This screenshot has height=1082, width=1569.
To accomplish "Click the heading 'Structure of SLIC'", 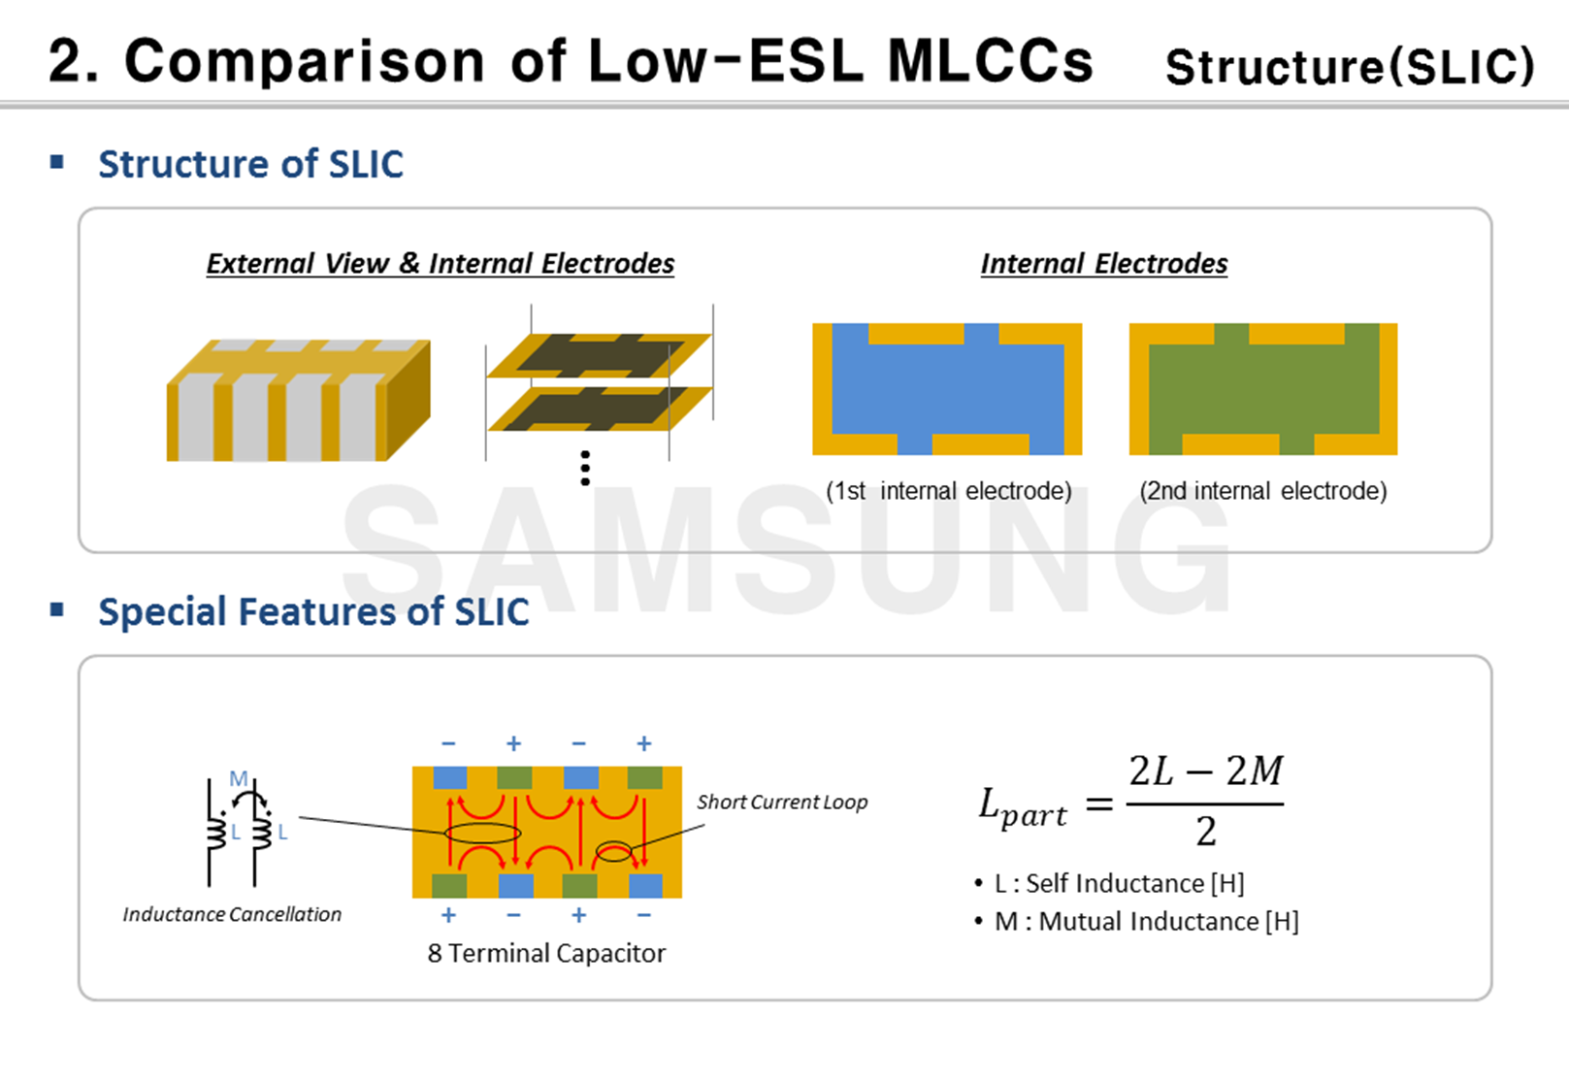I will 250,164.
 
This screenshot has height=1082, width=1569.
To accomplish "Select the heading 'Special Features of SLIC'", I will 313,612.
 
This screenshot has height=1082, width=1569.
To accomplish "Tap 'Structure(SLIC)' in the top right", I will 1350,67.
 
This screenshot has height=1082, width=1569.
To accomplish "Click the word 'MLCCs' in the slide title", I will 990,61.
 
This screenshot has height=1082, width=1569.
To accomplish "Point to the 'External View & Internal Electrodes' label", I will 440,264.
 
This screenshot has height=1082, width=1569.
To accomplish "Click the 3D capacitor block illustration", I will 298,401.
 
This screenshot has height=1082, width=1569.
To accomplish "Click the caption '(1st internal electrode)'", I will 948,491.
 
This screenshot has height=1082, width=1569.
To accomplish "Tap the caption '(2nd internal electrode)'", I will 1262,491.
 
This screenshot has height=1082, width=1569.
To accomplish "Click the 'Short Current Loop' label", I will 782,803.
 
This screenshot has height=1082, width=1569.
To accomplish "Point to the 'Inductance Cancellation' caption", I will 232,914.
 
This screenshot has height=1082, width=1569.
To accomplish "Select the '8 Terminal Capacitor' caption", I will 546,954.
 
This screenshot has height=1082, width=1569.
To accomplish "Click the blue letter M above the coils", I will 238,778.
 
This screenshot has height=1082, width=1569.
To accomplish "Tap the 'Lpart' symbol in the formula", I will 1022,807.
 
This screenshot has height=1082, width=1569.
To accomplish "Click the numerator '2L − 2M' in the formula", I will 1205,772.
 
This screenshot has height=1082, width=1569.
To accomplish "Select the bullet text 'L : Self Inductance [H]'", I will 1119,883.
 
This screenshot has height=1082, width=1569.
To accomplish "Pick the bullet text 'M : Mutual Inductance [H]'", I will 1146,921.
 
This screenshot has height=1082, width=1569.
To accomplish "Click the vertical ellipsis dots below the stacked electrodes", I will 585,468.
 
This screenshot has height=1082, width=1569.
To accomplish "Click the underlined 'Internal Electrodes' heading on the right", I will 1103,264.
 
